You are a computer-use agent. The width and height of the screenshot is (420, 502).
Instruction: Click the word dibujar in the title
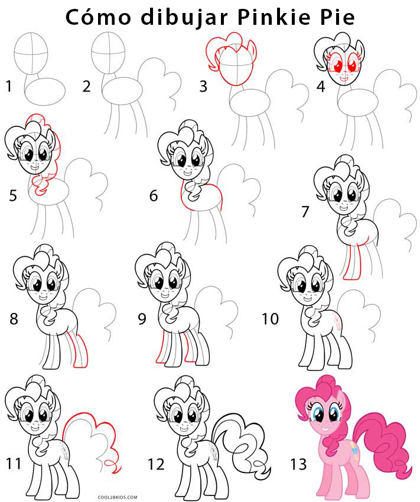click(184, 18)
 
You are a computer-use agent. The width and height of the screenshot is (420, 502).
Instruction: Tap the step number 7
click(305, 211)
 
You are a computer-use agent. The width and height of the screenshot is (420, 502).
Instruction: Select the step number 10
click(270, 318)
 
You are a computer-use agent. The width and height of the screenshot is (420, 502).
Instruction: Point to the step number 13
click(298, 464)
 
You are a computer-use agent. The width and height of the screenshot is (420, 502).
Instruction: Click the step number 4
click(320, 86)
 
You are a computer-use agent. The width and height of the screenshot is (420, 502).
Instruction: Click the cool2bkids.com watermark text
click(118, 497)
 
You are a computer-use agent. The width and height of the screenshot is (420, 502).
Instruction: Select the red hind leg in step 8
click(79, 351)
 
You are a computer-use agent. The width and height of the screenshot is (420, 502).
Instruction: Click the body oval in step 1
click(45, 91)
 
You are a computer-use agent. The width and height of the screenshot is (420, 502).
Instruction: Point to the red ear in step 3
click(252, 47)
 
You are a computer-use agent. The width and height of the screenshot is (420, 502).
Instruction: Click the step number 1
click(9, 86)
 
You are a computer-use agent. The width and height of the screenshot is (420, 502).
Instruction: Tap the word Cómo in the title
click(98, 17)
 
